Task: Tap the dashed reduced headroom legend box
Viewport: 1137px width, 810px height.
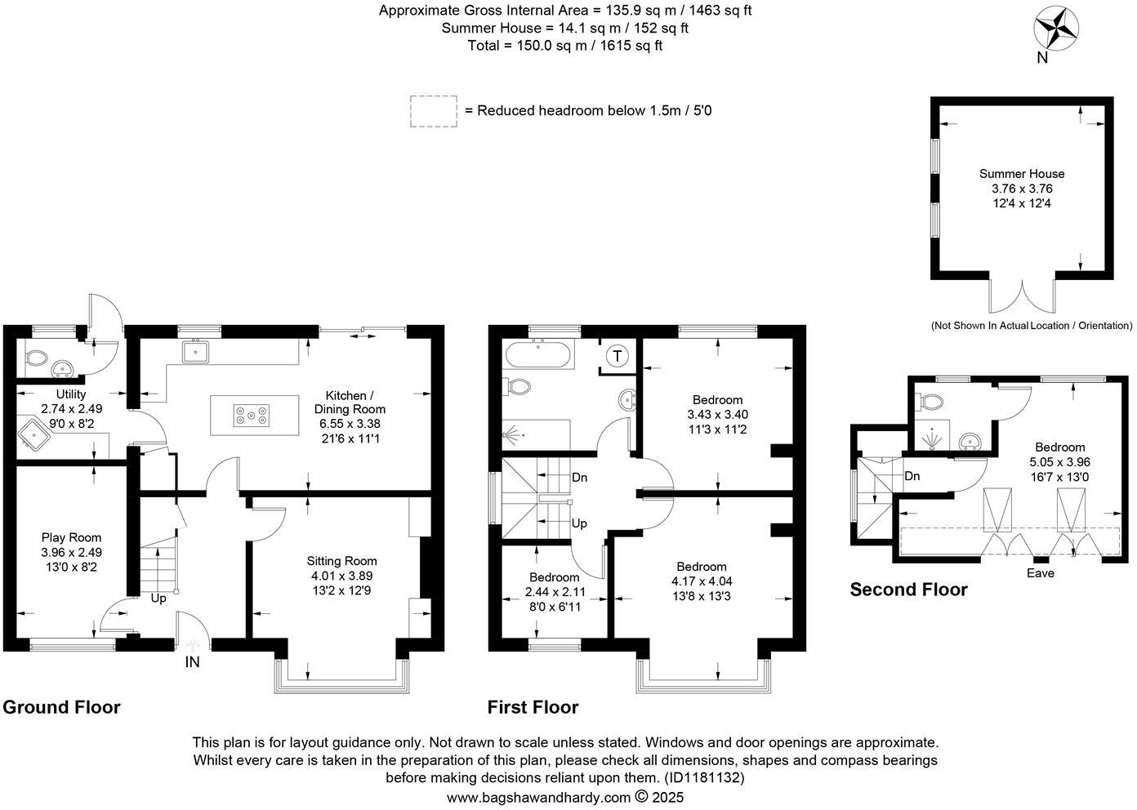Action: [433, 111]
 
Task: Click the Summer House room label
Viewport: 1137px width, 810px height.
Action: [1021, 174]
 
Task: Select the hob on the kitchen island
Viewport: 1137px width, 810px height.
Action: [252, 415]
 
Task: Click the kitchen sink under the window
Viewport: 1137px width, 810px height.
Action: [195, 352]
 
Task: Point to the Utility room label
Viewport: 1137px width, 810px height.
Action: [70, 394]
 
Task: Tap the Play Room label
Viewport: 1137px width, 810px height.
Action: [71, 537]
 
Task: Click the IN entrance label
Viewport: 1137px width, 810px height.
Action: [192, 662]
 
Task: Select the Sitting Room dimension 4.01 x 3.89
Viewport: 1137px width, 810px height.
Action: [341, 576]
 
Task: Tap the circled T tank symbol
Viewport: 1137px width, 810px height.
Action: [618, 356]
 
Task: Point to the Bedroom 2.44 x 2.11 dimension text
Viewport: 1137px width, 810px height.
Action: [555, 592]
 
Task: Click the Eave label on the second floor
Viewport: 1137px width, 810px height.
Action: [1040, 573]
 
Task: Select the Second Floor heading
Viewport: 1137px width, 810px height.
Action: [908, 590]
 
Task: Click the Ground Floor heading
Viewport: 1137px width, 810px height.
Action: [61, 707]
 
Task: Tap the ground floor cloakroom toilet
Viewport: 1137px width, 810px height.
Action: [36, 358]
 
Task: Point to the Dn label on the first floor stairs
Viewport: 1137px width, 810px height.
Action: [580, 478]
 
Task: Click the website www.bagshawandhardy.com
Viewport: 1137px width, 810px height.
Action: [538, 797]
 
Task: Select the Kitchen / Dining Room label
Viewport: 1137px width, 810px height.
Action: [350, 402]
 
